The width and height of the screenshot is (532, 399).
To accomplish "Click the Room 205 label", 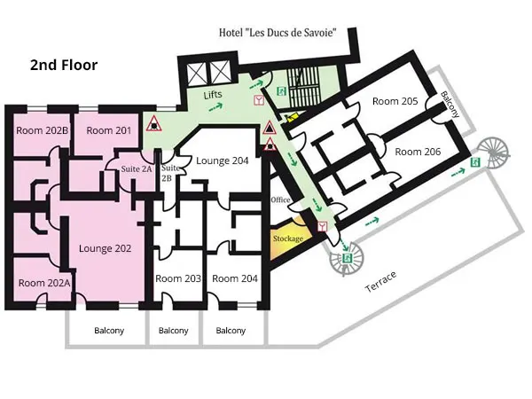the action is click(x=395, y=101).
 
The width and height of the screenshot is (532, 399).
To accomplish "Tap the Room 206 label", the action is click(x=418, y=152).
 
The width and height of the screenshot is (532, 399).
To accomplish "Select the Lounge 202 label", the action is click(x=105, y=248).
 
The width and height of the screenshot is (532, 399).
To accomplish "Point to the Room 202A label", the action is click(x=44, y=283).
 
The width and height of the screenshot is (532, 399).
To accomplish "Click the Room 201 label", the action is click(x=108, y=130).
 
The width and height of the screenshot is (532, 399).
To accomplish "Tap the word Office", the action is click(x=280, y=199).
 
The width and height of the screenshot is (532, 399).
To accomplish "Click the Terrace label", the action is click(x=380, y=282).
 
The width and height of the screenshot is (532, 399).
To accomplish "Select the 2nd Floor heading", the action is click(x=64, y=65).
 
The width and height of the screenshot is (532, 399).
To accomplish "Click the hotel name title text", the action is click(x=278, y=33).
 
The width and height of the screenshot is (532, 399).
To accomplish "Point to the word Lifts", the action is click(x=213, y=95).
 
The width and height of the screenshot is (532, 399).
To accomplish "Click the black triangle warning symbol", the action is click(x=270, y=128).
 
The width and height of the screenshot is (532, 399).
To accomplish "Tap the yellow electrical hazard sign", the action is click(x=292, y=117).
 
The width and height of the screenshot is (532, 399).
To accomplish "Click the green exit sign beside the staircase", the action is click(x=282, y=91).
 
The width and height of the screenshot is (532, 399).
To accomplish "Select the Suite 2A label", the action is click(x=137, y=168).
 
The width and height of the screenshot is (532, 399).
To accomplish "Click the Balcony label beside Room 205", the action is click(x=450, y=104).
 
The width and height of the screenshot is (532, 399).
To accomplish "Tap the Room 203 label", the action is click(x=178, y=278).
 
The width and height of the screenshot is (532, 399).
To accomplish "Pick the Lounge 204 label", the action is click(x=223, y=160).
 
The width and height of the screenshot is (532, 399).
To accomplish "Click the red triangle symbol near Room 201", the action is click(x=154, y=123).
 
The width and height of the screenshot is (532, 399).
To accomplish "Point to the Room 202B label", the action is click(x=43, y=130).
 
